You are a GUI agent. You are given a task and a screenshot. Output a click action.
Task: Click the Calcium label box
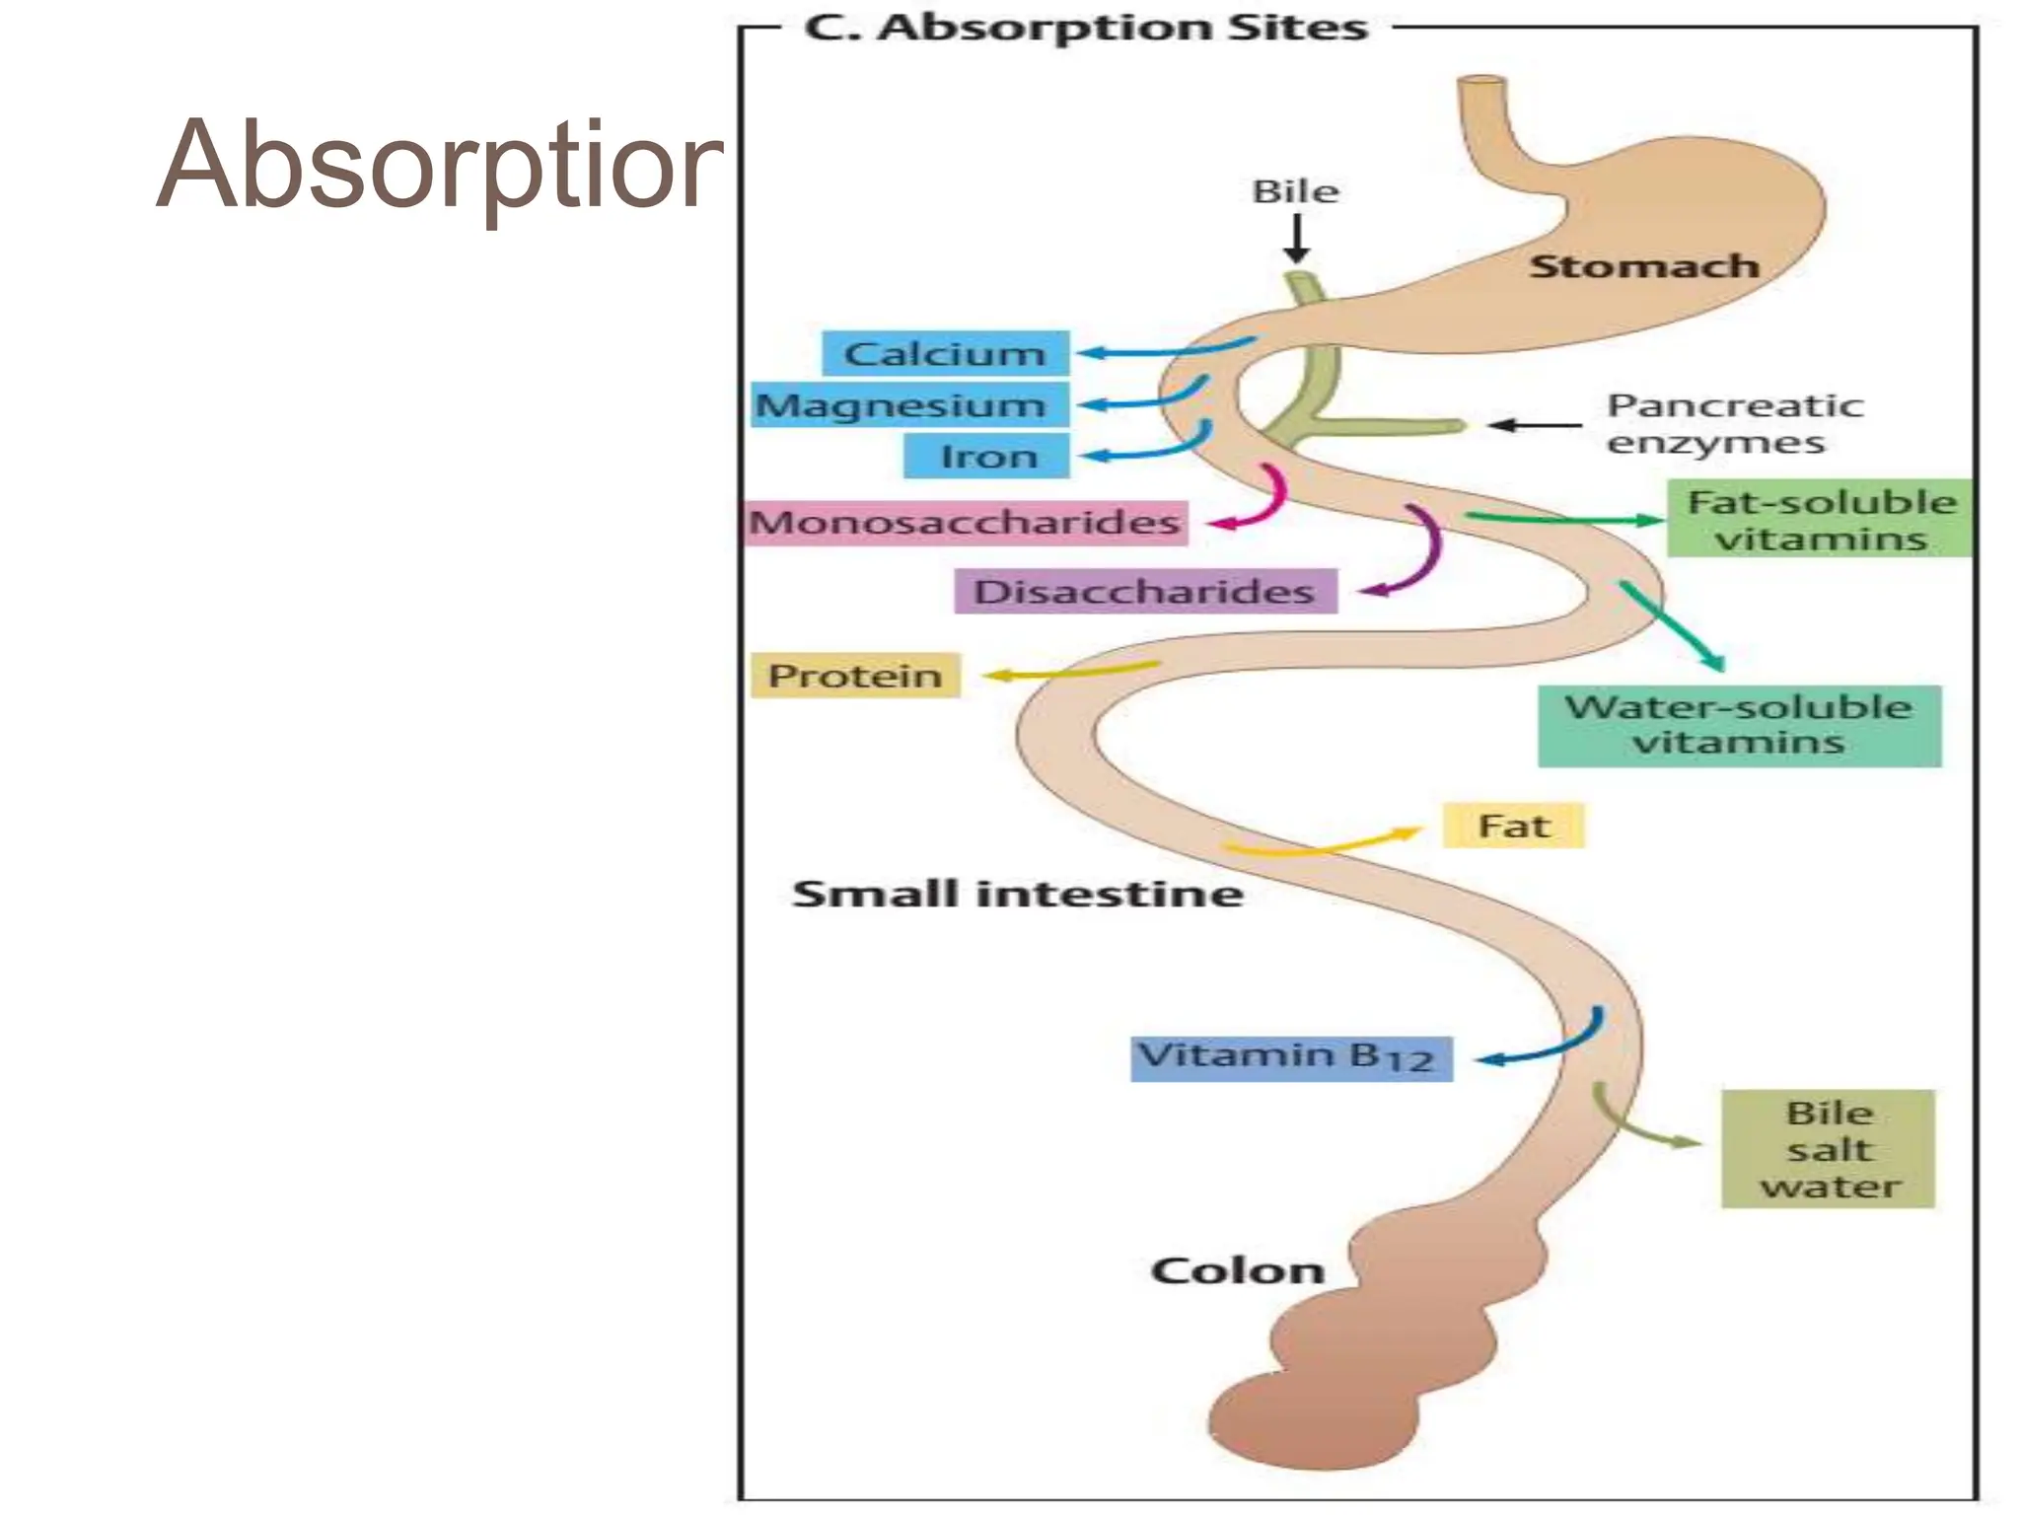(x=945, y=353)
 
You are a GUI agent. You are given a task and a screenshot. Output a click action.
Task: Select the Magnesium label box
(x=909, y=405)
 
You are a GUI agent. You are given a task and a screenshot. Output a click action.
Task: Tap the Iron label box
(x=986, y=457)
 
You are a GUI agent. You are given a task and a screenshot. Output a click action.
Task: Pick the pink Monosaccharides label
(x=966, y=522)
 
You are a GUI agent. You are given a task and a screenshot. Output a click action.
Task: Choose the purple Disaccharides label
(x=1145, y=592)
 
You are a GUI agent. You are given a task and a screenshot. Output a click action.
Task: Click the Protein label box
(x=855, y=676)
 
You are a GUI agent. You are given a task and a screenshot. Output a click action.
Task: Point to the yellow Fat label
(x=1513, y=826)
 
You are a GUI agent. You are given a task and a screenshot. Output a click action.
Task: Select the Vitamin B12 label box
(x=1290, y=1058)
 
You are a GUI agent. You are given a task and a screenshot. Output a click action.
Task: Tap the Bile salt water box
(x=1828, y=1149)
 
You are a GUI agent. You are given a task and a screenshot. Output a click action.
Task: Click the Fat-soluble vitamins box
(x=1820, y=519)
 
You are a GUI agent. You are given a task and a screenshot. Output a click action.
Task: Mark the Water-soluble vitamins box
(x=1739, y=726)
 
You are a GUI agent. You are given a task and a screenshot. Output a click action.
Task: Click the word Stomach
(x=1643, y=266)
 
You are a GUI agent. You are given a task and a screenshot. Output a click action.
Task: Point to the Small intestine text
(x=1017, y=894)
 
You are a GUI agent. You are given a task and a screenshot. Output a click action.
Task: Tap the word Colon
(x=1237, y=1270)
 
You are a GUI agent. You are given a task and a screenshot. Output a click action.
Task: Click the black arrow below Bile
(x=1297, y=239)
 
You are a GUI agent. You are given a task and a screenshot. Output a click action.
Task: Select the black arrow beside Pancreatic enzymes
(x=1534, y=425)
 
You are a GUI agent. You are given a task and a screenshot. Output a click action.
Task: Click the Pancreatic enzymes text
(x=1733, y=423)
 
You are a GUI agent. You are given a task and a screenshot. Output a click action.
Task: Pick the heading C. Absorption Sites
(x=1085, y=28)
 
